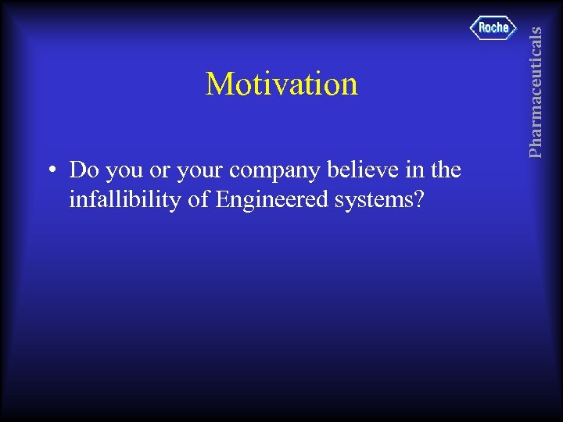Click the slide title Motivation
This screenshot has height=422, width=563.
point(281,84)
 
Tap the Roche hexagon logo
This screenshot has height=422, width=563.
point(493,28)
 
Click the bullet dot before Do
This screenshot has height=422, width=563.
point(49,170)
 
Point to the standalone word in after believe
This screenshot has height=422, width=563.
point(411,170)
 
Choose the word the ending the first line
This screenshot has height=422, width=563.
point(445,170)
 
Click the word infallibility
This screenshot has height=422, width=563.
point(126,200)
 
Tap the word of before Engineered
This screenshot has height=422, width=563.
point(199,200)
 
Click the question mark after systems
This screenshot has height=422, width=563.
point(420,200)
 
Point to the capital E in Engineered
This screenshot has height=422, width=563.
point(222,200)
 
